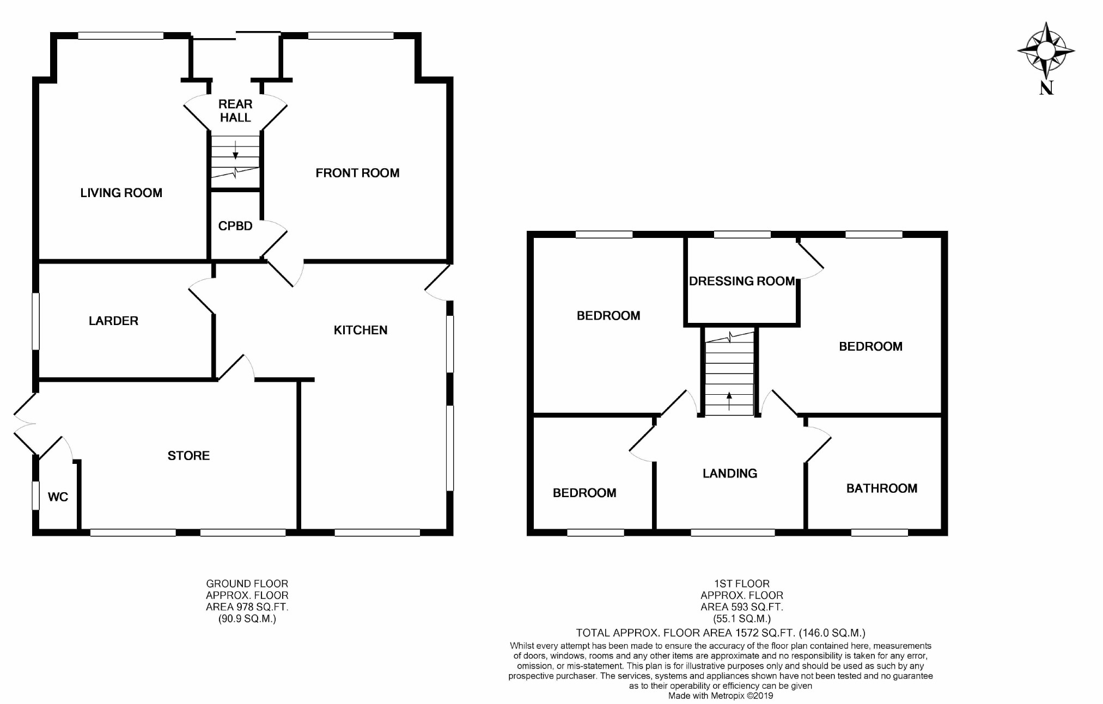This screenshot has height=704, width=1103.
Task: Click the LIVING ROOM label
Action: point(121,193)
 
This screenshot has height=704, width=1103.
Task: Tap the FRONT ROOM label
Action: point(357,173)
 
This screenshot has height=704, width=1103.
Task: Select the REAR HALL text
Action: point(235,111)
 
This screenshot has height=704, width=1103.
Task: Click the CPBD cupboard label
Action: point(235,226)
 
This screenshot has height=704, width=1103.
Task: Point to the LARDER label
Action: point(113,321)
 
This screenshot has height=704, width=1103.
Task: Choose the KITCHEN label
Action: point(360,330)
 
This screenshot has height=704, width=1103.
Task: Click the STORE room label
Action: point(188,456)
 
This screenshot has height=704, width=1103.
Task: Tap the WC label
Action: point(58,497)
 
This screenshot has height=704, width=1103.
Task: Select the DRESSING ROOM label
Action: point(741,281)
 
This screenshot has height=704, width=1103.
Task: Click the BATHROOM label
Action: point(881,488)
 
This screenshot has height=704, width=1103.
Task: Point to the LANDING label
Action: point(729,473)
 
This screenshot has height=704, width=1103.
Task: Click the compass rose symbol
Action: point(1045,51)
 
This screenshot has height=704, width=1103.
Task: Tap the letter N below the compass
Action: point(1046,88)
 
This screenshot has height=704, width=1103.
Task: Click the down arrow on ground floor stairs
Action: point(235,150)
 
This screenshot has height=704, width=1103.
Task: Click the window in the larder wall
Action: point(35,321)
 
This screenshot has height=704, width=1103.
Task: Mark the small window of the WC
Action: point(35,495)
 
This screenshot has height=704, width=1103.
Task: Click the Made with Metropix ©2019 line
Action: point(720,696)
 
